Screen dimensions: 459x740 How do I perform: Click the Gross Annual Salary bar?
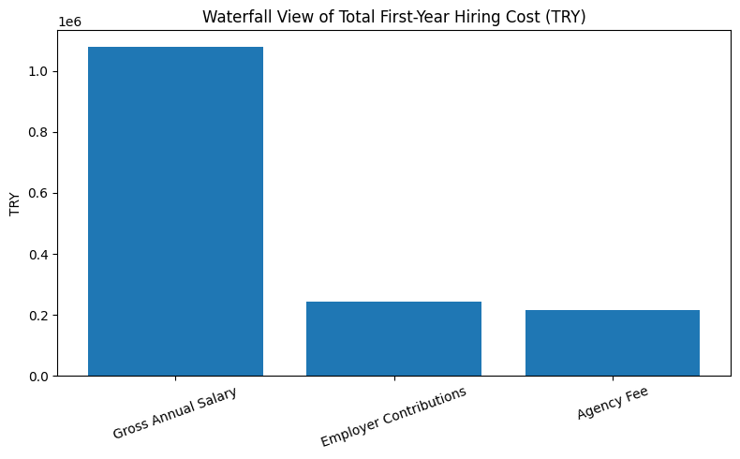click(x=175, y=211)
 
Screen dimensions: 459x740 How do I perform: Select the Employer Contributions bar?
click(x=393, y=338)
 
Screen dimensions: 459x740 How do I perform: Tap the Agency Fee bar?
click(x=613, y=343)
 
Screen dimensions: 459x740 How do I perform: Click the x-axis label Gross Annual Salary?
click(x=175, y=412)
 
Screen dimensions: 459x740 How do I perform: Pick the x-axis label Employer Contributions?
click(x=393, y=416)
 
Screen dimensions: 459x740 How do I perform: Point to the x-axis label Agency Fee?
click(x=613, y=404)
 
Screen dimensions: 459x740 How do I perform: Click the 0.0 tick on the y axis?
click(x=39, y=377)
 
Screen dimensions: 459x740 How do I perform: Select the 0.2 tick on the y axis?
click(x=39, y=316)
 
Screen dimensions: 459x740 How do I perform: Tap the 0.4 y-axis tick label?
click(x=39, y=255)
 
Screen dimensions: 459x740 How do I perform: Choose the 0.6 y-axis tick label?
click(x=39, y=194)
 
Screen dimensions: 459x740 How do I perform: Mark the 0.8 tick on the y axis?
click(x=39, y=133)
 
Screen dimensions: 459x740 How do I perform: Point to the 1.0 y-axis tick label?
click(x=39, y=72)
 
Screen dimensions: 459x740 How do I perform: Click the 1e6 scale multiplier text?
click(x=69, y=21)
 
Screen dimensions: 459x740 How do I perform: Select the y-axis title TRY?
click(x=15, y=203)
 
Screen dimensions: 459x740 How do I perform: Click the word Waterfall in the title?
click(x=233, y=16)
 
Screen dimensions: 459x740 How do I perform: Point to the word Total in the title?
click(x=357, y=16)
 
